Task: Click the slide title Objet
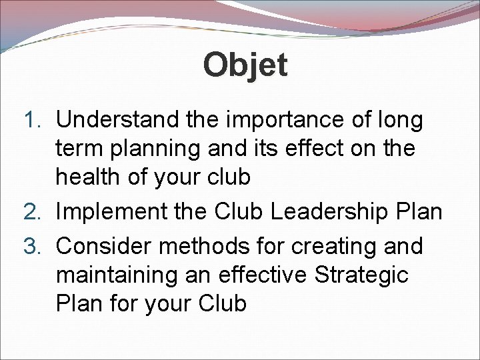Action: pyautogui.click(x=245, y=65)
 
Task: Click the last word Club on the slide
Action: pyautogui.click(x=223, y=303)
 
